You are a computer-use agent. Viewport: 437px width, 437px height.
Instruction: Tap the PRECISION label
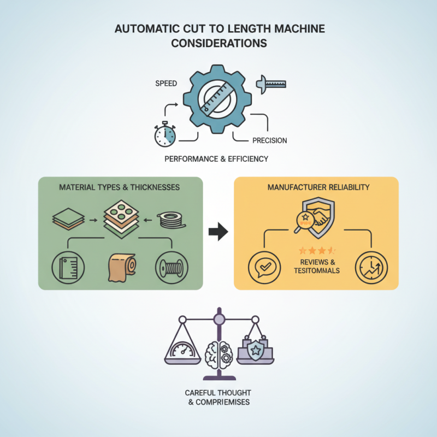coord(269,141)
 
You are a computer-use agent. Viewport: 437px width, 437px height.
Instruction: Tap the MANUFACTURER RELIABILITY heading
coord(318,187)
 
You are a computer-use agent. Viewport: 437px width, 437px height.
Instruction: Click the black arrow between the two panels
coord(218,232)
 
